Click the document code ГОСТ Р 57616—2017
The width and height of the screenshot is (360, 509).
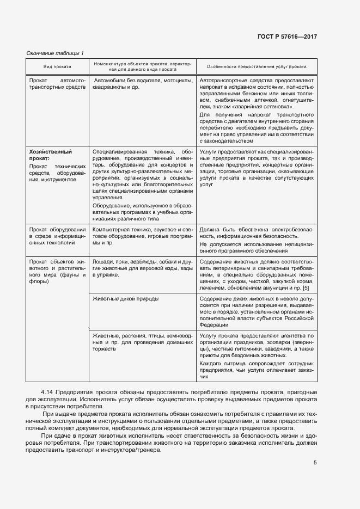[287, 36]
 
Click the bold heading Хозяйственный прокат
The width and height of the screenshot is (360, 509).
[50, 155]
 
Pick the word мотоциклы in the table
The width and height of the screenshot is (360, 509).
[178, 81]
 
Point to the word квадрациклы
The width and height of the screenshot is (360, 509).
[108, 87]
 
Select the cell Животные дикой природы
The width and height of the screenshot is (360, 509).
[126, 299]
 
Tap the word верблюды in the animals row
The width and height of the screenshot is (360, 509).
[143, 262]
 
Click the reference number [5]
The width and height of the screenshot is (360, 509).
[306, 288]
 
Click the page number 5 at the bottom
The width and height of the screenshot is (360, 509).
[315, 463]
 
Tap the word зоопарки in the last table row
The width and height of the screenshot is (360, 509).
[284, 343]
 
